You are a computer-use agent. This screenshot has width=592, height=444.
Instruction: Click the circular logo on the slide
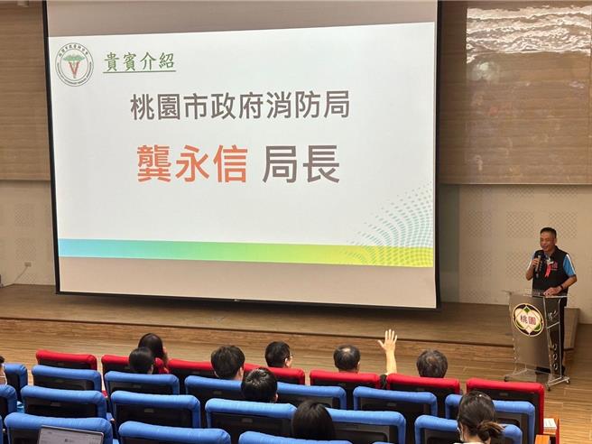click(74, 64)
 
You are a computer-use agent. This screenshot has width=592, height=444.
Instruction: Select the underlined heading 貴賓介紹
click(139, 62)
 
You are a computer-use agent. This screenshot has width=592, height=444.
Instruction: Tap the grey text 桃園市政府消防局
click(239, 106)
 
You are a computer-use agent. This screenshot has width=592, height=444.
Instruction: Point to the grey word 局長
click(301, 164)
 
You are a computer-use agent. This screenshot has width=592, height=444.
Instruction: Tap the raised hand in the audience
click(388, 341)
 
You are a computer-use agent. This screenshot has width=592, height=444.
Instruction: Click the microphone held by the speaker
click(540, 261)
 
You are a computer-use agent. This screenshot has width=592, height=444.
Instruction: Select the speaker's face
click(548, 240)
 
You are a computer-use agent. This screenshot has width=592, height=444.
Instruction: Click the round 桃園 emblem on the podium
click(528, 319)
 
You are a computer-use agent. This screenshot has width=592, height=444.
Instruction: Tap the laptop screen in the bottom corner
click(69, 436)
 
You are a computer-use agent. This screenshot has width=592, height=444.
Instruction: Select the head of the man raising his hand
click(347, 358)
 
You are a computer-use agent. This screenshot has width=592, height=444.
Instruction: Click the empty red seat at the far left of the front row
click(65, 359)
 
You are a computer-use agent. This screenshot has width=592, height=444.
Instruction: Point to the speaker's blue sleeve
click(569, 265)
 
